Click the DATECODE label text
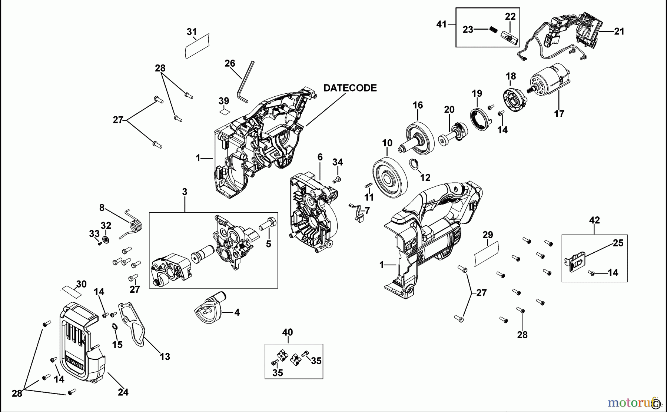(x=350, y=88)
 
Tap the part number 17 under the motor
(x=559, y=114)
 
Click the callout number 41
(x=441, y=24)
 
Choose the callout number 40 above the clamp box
(x=287, y=332)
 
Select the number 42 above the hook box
(x=594, y=220)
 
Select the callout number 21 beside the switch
(x=619, y=31)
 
